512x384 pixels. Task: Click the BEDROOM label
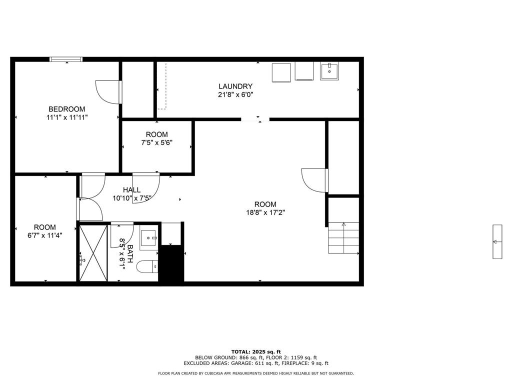[x=66, y=109]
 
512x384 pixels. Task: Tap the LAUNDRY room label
[x=235, y=86]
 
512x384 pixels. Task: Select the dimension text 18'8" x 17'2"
[x=265, y=212]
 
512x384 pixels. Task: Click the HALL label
[x=132, y=189]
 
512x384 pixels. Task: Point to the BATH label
[x=130, y=253]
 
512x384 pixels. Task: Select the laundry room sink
[x=329, y=71]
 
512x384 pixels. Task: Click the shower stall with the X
[x=93, y=252]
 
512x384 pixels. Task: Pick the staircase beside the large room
[x=343, y=237]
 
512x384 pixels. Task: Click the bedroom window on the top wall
[x=66, y=59]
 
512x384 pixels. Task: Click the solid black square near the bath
[x=171, y=263]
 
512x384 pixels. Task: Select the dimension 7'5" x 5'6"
[x=156, y=142]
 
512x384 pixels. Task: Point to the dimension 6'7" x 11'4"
[x=44, y=235]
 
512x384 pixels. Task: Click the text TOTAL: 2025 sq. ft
[x=256, y=351]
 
